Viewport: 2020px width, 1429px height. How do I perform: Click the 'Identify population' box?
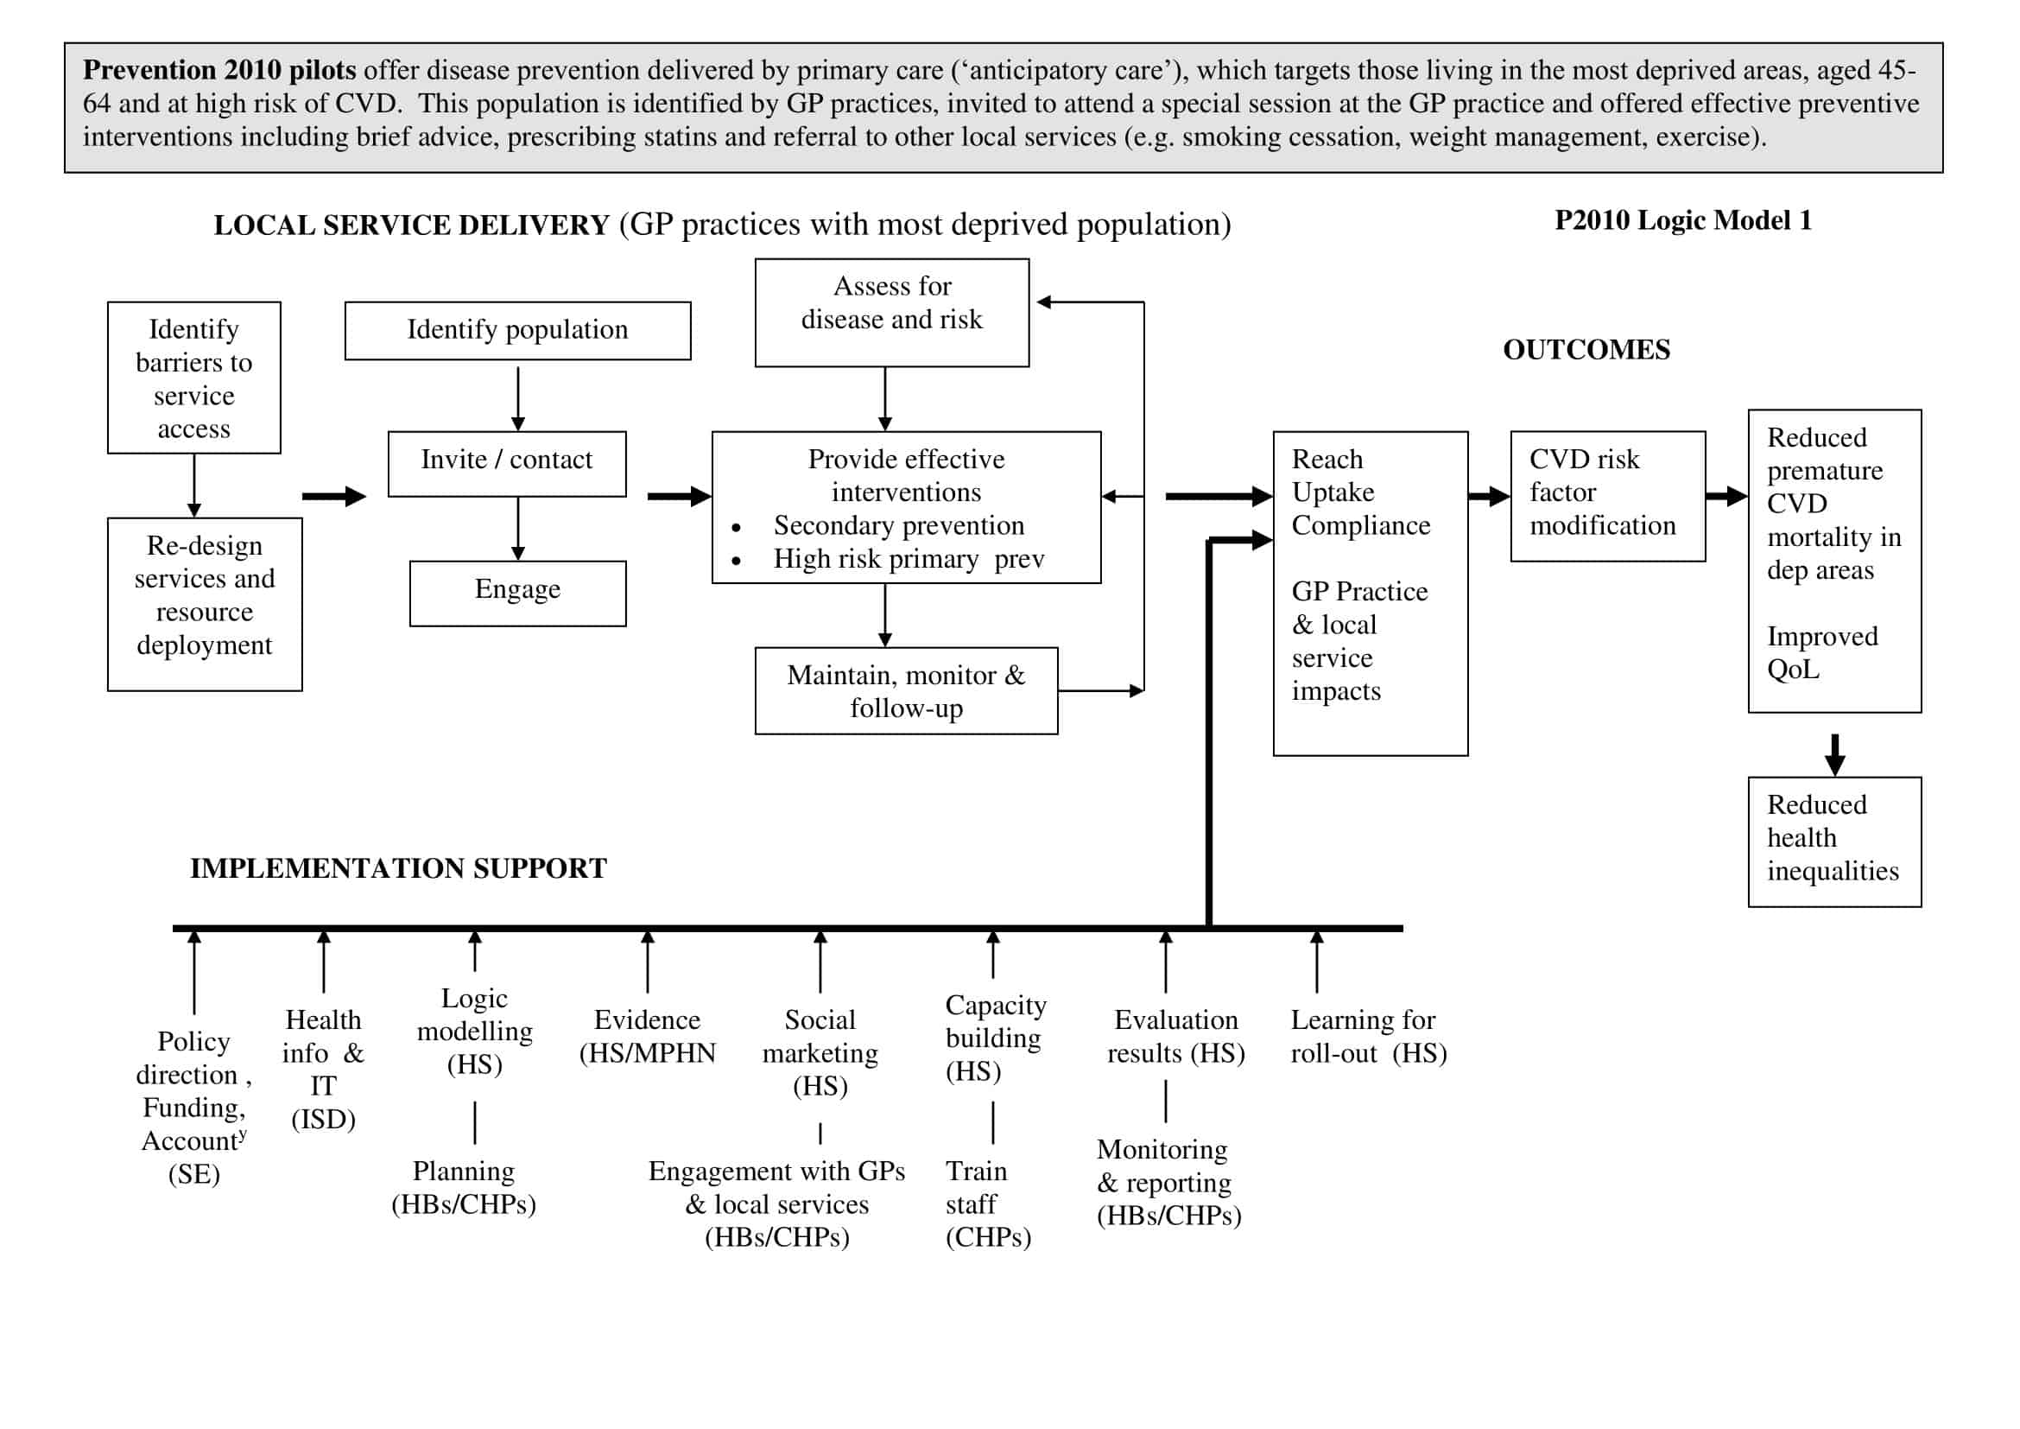click(517, 331)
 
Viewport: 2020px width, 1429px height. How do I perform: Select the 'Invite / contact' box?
click(507, 463)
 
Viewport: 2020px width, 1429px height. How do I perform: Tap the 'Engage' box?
click(517, 593)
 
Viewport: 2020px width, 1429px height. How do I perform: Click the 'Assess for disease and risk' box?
click(891, 313)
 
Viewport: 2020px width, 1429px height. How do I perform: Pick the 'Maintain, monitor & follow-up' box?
click(905, 691)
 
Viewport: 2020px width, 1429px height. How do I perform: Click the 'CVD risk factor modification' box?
click(1607, 496)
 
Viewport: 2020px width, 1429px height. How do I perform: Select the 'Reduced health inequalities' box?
click(1834, 842)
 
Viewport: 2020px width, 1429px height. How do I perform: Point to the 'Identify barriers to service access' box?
click(193, 378)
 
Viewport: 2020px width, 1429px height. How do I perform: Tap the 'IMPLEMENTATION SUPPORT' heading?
click(397, 868)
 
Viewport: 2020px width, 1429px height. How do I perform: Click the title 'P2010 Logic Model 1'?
click(1682, 221)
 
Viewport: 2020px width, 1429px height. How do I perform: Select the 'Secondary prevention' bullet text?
click(898, 526)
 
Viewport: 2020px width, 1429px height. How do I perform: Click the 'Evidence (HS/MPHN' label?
click(647, 1037)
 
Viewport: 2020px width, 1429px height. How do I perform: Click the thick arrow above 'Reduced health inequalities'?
click(1834, 754)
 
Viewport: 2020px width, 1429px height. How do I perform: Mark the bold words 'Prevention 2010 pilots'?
click(219, 70)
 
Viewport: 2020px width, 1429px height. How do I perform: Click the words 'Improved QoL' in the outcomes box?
click(1821, 653)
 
